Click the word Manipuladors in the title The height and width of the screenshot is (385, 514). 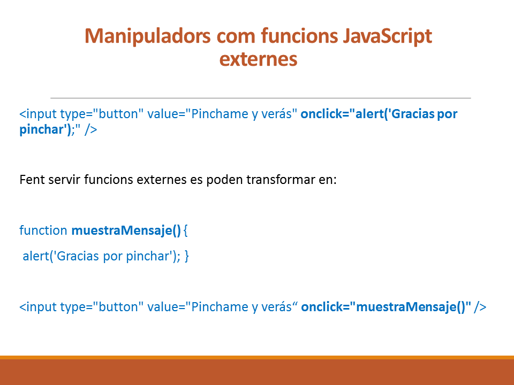click(x=148, y=36)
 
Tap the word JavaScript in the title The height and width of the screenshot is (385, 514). click(x=388, y=36)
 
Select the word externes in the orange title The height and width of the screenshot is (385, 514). click(x=258, y=59)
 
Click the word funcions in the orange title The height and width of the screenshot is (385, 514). click(x=299, y=35)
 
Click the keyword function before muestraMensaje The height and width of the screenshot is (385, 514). click(x=43, y=230)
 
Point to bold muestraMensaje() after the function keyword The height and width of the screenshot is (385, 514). click(x=126, y=230)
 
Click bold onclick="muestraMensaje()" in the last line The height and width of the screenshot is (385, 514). click(x=386, y=307)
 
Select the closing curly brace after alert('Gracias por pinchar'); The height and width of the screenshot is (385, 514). click(x=186, y=256)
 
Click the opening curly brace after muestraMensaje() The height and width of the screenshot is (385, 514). click(x=186, y=230)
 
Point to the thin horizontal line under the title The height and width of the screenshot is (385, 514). click(x=261, y=98)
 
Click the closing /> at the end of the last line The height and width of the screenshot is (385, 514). click(x=480, y=307)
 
